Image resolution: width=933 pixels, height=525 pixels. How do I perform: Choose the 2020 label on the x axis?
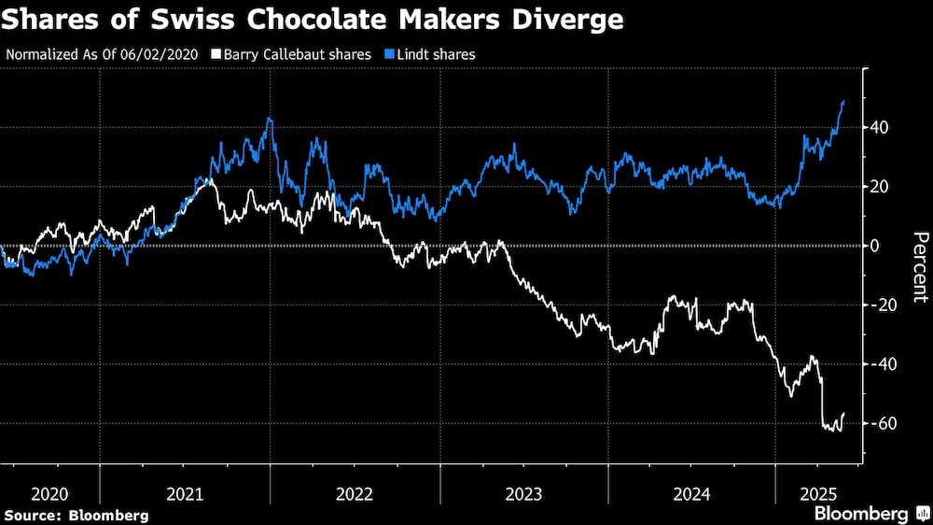coord(50,492)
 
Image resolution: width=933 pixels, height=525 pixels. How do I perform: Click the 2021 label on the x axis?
coord(185,492)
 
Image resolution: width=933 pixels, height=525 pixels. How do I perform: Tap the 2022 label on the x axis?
coord(355,492)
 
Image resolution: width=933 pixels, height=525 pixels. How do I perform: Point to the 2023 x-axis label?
coord(524,492)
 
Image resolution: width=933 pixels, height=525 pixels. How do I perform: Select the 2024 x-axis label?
coord(692,492)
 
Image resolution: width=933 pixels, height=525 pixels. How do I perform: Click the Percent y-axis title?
coord(919,267)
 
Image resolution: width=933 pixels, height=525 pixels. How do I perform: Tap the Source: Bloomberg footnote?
coord(77,515)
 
